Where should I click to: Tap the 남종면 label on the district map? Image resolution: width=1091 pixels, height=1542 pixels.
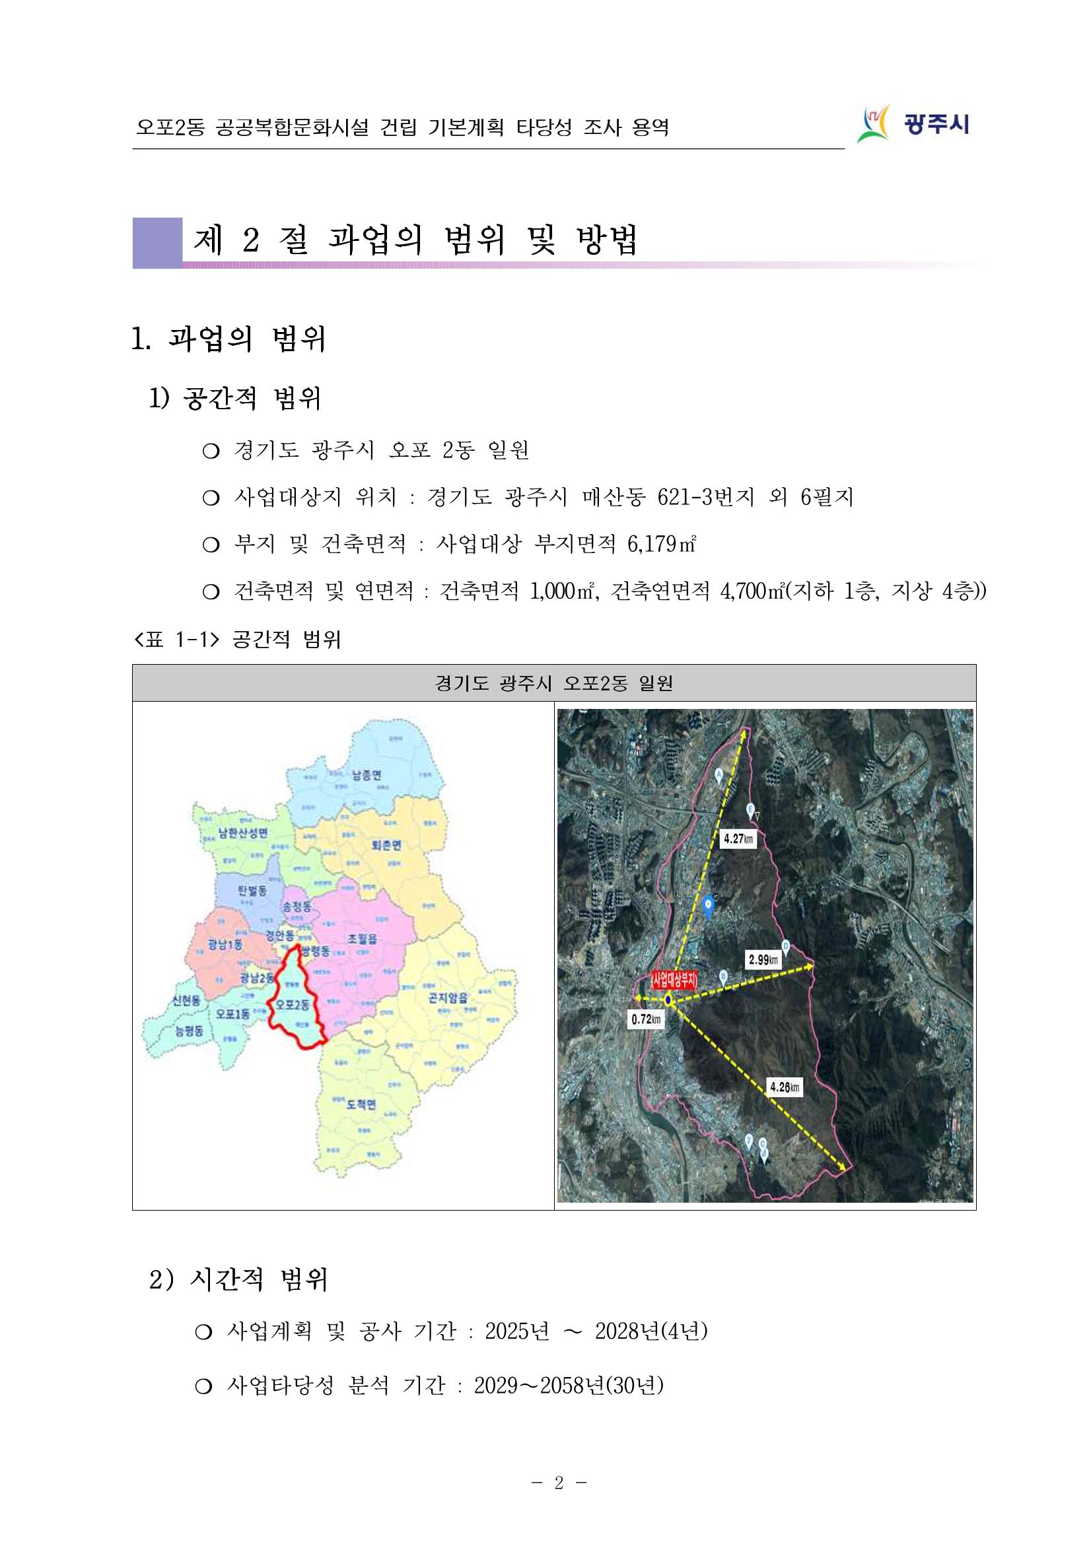[x=366, y=775]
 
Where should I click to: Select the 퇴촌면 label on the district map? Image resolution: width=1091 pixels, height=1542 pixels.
[x=386, y=845]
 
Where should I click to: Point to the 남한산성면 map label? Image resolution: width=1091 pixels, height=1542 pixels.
[x=242, y=833]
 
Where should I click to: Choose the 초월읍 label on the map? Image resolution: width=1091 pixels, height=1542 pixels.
[x=362, y=938]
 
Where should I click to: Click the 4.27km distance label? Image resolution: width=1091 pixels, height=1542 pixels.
[x=738, y=838]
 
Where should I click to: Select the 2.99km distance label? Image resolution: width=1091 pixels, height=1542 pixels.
[x=763, y=960]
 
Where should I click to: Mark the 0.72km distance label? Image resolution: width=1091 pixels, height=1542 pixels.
[x=646, y=1019]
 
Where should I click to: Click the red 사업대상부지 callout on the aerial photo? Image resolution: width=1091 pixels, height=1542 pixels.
[x=674, y=980]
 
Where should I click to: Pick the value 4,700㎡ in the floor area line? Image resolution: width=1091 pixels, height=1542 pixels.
[x=752, y=591]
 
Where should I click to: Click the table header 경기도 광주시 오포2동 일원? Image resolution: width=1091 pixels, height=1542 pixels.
[x=553, y=683]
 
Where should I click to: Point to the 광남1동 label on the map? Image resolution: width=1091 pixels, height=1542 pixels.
[x=225, y=944]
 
